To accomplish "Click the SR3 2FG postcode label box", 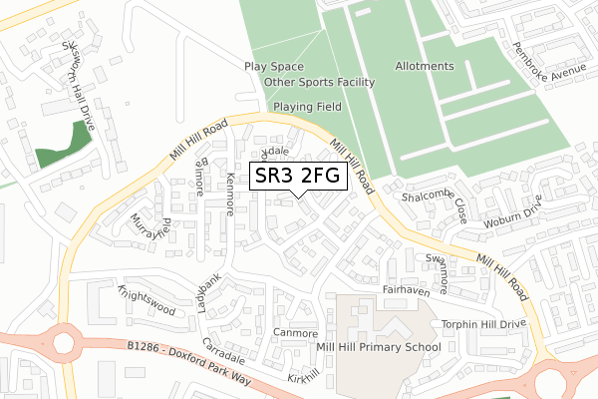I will point(298,177).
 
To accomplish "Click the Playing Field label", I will point(308,106).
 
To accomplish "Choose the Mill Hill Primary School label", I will point(390,348).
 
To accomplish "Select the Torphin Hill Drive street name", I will point(482,325).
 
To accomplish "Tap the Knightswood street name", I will point(146,301).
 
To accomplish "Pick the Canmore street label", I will point(295,333).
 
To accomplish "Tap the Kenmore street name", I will point(233,193).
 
